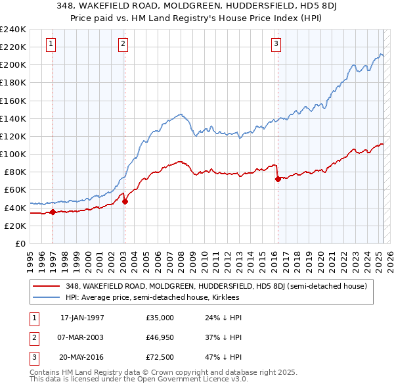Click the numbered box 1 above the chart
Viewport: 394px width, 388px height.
tap(51, 44)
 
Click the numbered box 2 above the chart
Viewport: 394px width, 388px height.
tap(123, 44)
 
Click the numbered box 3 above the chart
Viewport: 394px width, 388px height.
tap(276, 44)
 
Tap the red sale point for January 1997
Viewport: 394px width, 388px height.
tap(53, 212)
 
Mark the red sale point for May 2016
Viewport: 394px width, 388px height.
tap(278, 178)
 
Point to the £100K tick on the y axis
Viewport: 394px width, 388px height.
tap(13, 154)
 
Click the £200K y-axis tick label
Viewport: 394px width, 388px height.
tap(13, 64)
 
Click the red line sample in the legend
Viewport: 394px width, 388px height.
tap(45, 286)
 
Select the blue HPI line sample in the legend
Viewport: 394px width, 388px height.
tap(45, 297)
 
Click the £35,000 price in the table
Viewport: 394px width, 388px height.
tap(160, 318)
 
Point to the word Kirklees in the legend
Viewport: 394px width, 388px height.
tap(225, 297)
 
